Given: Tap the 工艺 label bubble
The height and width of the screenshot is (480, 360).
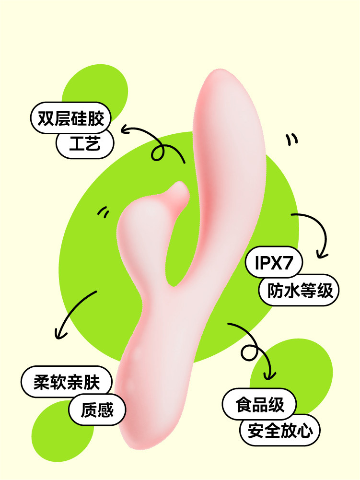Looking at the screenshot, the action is point(85,143).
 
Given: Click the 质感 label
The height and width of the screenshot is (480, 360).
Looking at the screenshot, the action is point(98,410).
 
